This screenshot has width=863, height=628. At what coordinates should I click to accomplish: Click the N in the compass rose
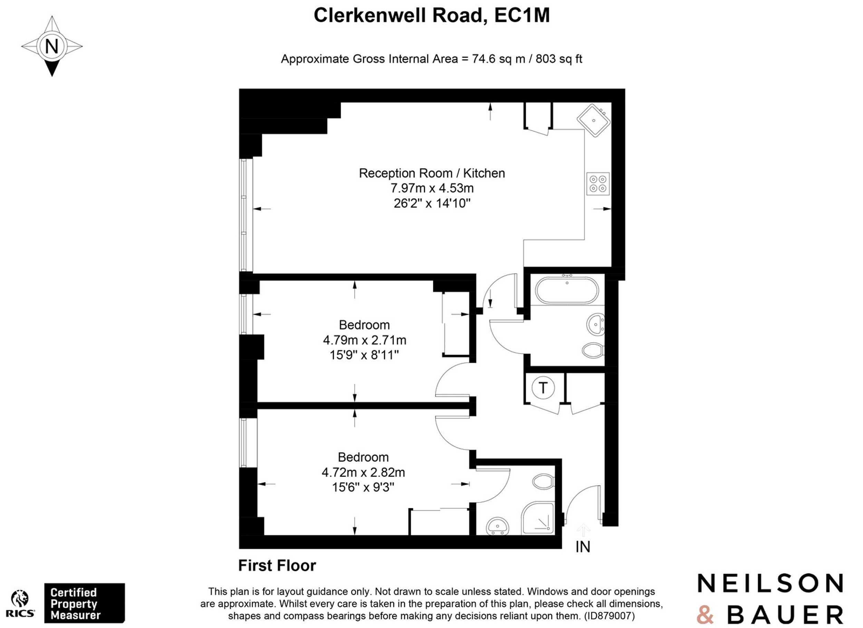(x=52, y=46)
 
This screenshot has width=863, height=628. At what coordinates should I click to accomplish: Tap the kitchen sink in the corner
(x=594, y=120)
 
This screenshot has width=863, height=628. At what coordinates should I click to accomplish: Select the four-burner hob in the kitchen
(x=598, y=184)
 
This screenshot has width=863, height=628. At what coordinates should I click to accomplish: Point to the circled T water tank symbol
(x=543, y=388)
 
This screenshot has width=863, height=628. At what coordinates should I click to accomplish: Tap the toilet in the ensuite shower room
(x=543, y=482)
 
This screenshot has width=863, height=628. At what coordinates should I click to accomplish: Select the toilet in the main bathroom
(x=593, y=350)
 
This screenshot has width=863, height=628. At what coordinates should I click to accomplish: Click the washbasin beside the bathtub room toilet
(x=596, y=324)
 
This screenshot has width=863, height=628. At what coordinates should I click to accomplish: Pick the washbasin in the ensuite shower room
(x=497, y=527)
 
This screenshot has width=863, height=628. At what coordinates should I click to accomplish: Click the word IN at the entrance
(x=583, y=547)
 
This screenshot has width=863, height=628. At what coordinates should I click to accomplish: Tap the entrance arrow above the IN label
(x=583, y=530)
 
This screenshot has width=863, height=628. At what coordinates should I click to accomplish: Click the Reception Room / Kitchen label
(x=432, y=173)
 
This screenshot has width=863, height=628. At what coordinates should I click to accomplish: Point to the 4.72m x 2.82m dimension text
(x=363, y=472)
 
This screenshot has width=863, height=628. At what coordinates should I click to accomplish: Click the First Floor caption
(x=277, y=566)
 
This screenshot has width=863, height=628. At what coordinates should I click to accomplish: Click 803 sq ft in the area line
(x=559, y=59)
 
